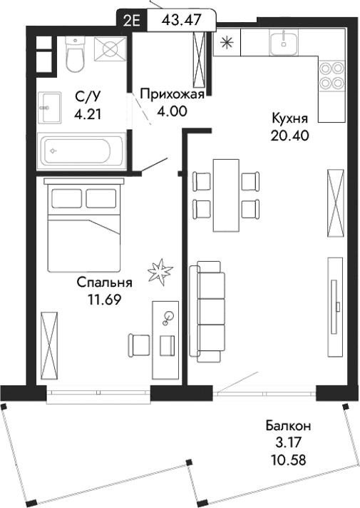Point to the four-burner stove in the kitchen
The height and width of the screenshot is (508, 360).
pyautogui.click(x=329, y=76)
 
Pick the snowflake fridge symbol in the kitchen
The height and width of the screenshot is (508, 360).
pyautogui.click(x=227, y=42)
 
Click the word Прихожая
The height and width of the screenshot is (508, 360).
pyautogui.click(x=172, y=93)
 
